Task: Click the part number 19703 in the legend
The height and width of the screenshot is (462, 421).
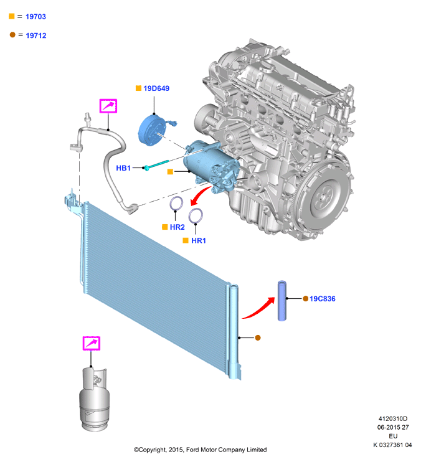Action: point(35,16)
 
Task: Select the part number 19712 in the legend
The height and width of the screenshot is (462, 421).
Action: point(36,35)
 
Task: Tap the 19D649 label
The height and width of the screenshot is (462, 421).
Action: point(156,88)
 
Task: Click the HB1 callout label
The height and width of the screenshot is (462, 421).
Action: point(123,168)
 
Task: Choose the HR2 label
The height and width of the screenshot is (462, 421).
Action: point(177,227)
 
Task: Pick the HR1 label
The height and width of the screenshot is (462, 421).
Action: point(199,240)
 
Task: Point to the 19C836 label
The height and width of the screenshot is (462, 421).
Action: point(323,299)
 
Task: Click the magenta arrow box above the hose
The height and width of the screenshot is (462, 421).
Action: point(108,106)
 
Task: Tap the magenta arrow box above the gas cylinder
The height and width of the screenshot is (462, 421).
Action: point(92,343)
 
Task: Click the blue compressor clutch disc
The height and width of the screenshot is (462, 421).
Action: point(151,131)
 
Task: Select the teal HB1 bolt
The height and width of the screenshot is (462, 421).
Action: point(156,165)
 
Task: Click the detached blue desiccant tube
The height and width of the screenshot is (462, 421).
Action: point(282,301)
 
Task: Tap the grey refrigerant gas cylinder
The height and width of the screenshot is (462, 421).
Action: point(94,399)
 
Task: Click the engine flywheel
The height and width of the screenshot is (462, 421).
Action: point(323,196)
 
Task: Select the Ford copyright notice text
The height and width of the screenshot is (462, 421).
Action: point(200,450)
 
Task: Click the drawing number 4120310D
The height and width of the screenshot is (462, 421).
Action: point(393,418)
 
